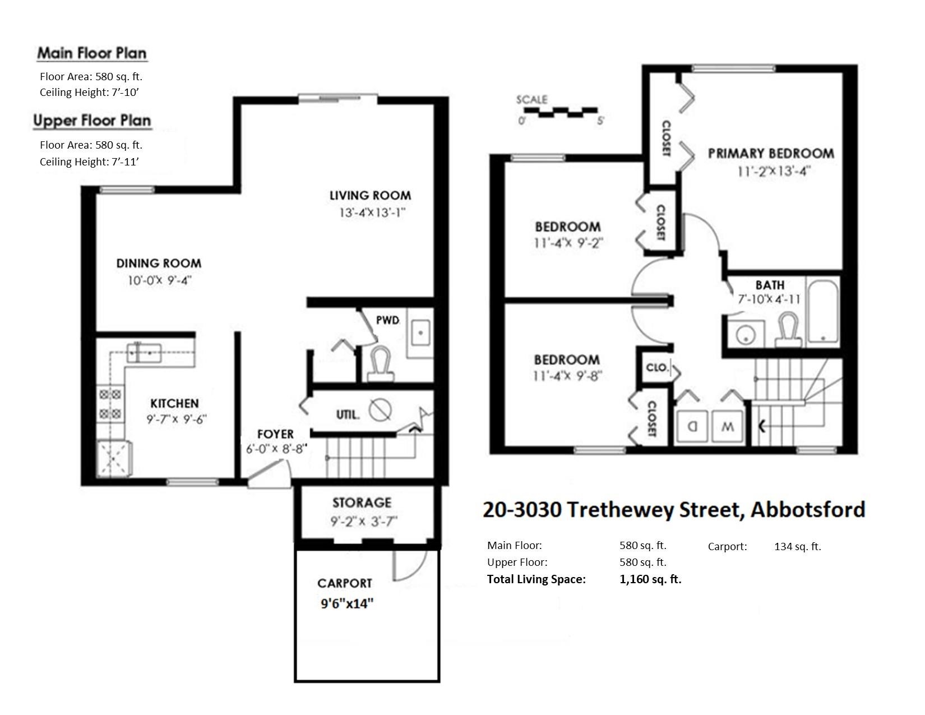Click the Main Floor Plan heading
(92, 53)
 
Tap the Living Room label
(371, 196)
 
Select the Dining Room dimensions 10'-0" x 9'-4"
(160, 280)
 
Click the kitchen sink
(144, 353)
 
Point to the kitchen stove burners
(110, 404)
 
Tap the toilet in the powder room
(380, 365)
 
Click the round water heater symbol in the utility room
(380, 410)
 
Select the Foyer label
(275, 434)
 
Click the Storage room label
(362, 502)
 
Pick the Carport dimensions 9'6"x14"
(347, 603)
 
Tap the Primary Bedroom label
(771, 153)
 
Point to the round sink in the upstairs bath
(746, 335)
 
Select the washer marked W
(728, 426)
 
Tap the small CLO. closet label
(657, 367)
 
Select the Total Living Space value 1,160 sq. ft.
(650, 579)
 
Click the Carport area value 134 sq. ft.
(797, 546)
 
